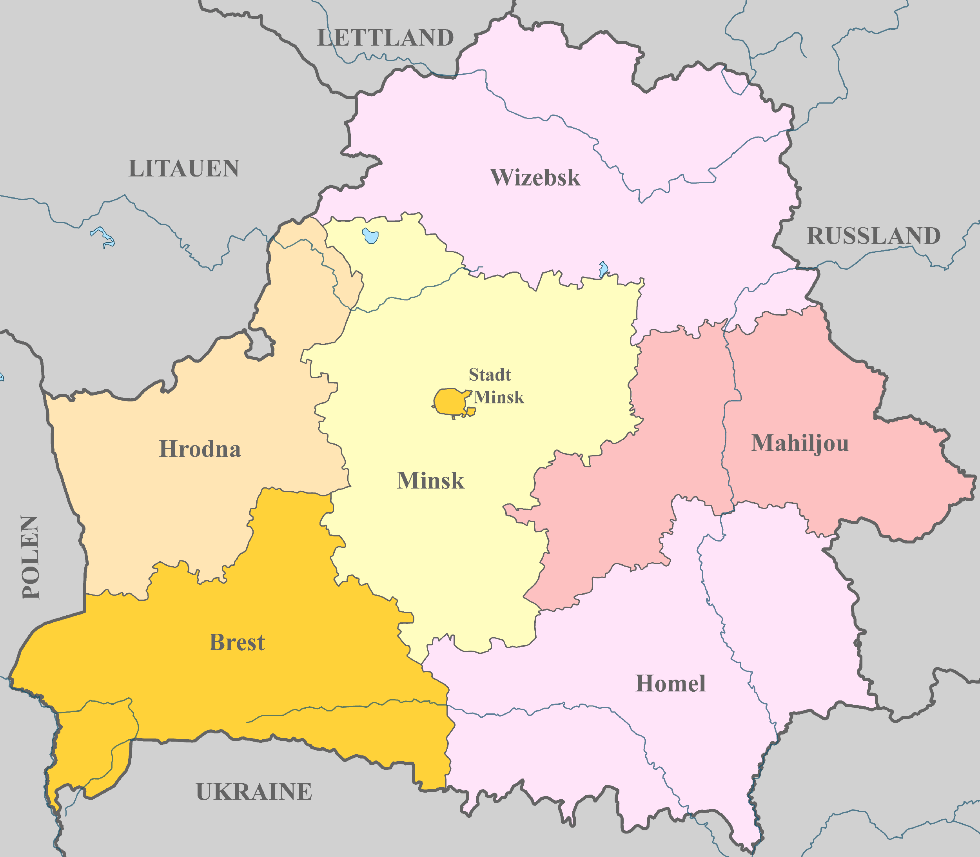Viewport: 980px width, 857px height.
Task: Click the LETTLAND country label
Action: [385, 38]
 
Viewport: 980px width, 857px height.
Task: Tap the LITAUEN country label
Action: [184, 168]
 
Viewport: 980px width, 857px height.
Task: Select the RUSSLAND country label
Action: [873, 236]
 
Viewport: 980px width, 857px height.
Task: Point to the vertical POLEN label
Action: [31, 557]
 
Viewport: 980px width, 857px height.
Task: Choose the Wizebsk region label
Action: [535, 177]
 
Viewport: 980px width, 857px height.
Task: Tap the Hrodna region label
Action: [200, 449]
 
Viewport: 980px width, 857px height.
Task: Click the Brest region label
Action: [237, 642]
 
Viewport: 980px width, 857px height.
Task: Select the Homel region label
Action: [670, 684]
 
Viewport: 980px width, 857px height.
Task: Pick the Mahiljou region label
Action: [800, 443]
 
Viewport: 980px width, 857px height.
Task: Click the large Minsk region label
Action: [430, 481]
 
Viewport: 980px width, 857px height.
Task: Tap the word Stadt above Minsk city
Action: [490, 374]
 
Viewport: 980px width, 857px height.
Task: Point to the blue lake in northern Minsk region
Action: [370, 236]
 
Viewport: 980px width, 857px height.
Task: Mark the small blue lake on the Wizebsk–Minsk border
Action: [603, 269]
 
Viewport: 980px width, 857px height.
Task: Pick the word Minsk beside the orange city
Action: [499, 398]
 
